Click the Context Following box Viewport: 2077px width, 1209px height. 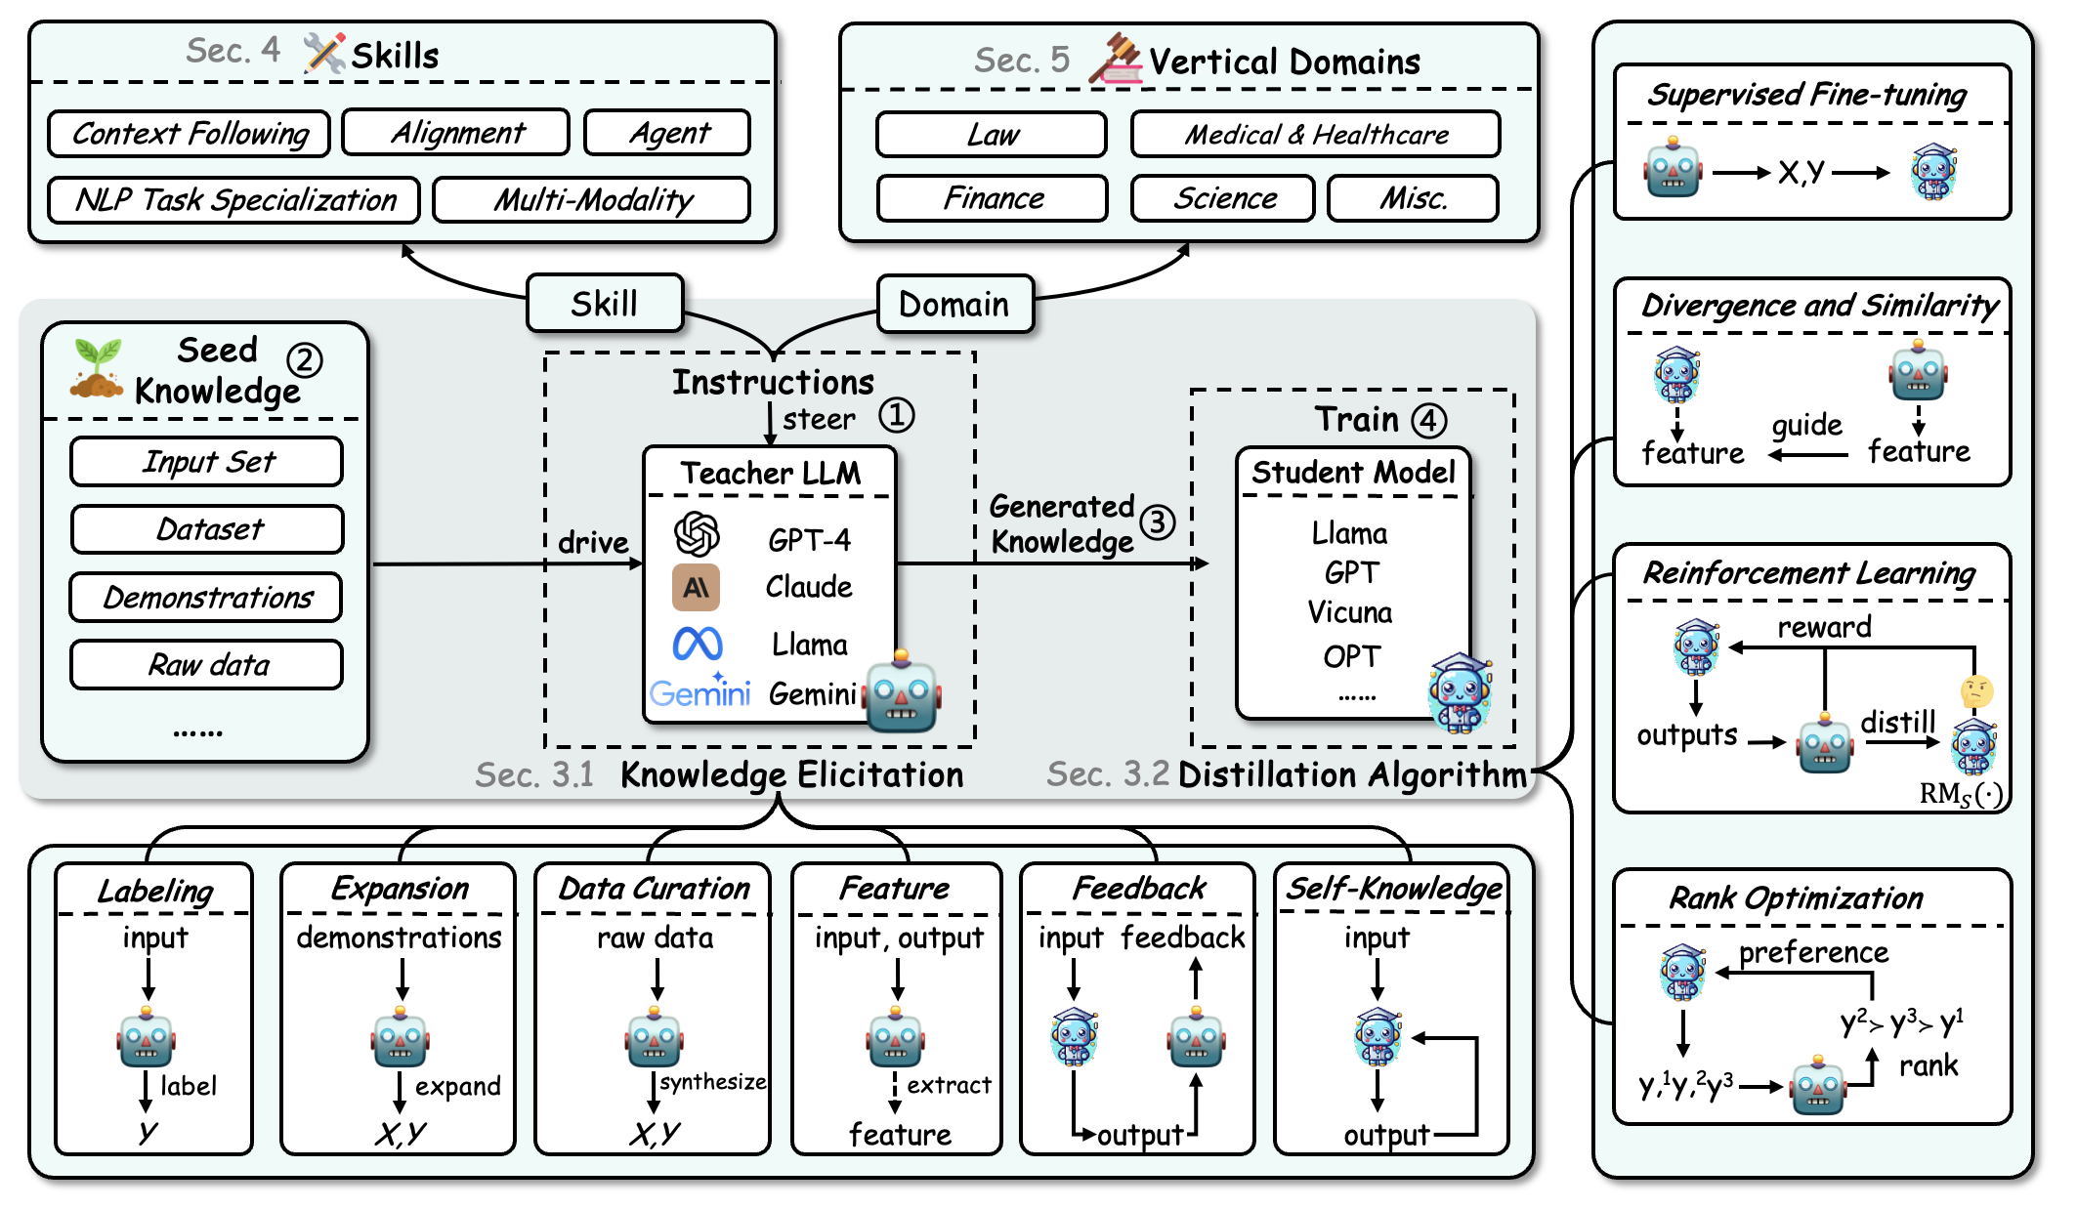coord(190,133)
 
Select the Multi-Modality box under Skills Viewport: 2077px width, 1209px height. coord(592,200)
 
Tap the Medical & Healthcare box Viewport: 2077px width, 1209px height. coord(1315,135)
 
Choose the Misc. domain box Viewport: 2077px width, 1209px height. coord(1413,199)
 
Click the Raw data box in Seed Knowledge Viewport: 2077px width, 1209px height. coord(207,665)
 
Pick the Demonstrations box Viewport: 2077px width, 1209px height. coord(207,598)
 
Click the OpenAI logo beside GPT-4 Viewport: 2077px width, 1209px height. coord(697,534)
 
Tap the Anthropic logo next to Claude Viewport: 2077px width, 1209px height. coord(696,587)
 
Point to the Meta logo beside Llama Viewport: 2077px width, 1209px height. coord(698,644)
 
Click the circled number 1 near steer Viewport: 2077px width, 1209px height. coord(896,415)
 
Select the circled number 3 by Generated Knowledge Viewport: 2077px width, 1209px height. coord(1158,521)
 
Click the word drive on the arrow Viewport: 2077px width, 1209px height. coord(593,542)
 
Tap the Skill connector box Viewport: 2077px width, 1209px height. coord(605,304)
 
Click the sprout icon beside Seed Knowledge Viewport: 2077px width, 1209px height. coord(97,368)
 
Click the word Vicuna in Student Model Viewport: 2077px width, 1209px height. coord(1350,612)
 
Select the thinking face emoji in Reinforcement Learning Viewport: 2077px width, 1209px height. coord(1976,691)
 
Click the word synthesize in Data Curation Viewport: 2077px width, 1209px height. coord(712,1081)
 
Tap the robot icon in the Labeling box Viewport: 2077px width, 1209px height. coord(147,1038)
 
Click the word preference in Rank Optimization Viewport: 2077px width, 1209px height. coord(1813,952)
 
